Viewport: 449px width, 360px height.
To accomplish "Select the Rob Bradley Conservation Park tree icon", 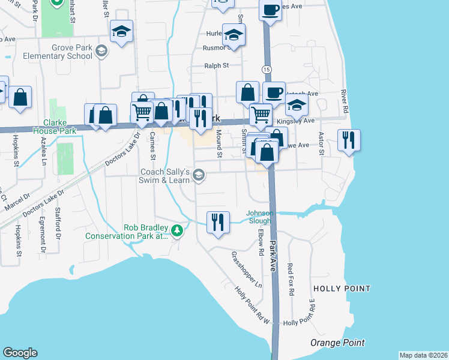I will point(176,230).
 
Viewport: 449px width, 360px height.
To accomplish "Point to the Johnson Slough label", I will point(261,217).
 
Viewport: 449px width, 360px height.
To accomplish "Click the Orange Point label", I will point(337,343).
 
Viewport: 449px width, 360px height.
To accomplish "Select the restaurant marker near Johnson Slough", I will point(217,222).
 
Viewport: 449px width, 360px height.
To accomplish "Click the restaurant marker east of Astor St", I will point(349,140).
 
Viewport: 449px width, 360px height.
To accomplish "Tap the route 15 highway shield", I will point(265,71).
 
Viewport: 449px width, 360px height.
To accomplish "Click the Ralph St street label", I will point(217,66).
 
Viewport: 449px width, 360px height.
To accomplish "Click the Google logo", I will point(20,353).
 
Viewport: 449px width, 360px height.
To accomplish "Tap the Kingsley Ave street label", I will point(300,121).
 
